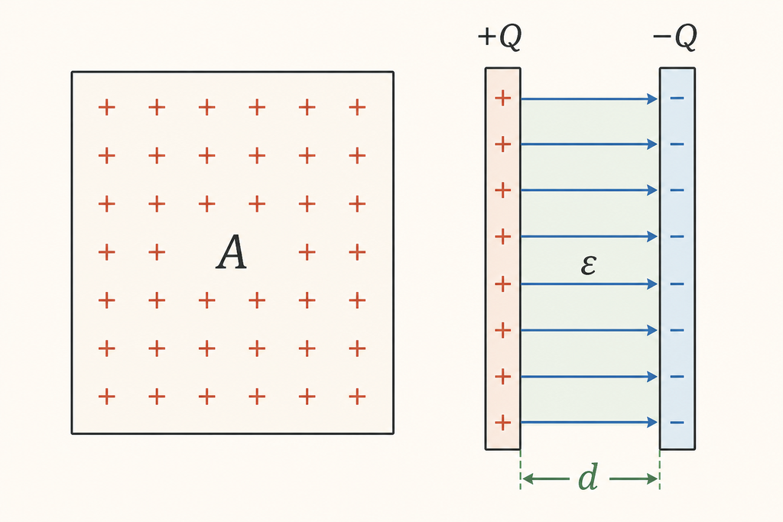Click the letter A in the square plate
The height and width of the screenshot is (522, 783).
pyautogui.click(x=231, y=252)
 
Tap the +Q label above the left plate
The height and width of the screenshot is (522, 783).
pyautogui.click(x=500, y=37)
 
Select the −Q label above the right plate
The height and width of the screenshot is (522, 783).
pyautogui.click(x=674, y=37)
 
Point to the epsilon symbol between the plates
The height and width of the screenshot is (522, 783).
pyautogui.click(x=589, y=264)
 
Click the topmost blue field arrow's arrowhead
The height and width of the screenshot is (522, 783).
pyautogui.click(x=652, y=99)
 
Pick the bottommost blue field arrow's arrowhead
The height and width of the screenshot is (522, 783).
pyautogui.click(x=652, y=422)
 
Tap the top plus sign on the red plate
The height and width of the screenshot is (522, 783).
pyautogui.click(x=503, y=98)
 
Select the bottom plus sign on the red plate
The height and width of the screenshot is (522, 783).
pyautogui.click(x=503, y=422)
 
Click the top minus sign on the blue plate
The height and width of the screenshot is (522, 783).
pyautogui.click(x=677, y=98)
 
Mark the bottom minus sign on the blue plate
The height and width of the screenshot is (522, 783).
pyautogui.click(x=677, y=422)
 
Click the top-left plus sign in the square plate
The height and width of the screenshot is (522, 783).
pyautogui.click(x=106, y=107)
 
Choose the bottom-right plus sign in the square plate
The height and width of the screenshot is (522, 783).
pyautogui.click(x=357, y=397)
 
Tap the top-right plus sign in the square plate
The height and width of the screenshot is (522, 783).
pyautogui.click(x=357, y=107)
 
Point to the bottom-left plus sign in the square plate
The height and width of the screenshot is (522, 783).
pyautogui.click(x=106, y=397)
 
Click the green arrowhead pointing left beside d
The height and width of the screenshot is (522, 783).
pyautogui.click(x=527, y=479)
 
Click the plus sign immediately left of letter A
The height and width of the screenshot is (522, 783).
pyautogui.click(x=157, y=252)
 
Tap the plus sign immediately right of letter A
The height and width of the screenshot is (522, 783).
pyautogui.click(x=307, y=252)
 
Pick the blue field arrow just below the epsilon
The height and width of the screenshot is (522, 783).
pyautogui.click(x=590, y=284)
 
